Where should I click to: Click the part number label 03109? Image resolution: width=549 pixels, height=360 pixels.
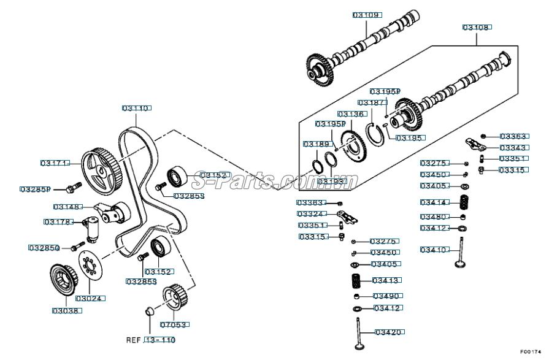(x=366, y=14)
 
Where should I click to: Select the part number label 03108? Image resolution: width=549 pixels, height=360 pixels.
(x=477, y=28)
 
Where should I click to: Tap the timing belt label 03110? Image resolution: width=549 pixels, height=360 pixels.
(x=136, y=108)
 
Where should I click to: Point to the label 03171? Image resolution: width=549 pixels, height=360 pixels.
(x=55, y=163)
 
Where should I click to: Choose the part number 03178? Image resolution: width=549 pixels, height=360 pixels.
(x=58, y=221)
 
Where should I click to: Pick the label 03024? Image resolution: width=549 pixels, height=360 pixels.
(x=90, y=299)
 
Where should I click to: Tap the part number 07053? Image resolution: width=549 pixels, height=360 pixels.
(x=174, y=324)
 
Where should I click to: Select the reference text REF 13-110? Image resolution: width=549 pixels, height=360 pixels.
(x=151, y=340)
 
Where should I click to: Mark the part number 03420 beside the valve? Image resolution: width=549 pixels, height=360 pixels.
(x=388, y=332)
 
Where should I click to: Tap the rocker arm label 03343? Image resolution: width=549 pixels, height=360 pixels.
(x=513, y=148)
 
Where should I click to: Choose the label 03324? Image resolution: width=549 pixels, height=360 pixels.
(x=311, y=213)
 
